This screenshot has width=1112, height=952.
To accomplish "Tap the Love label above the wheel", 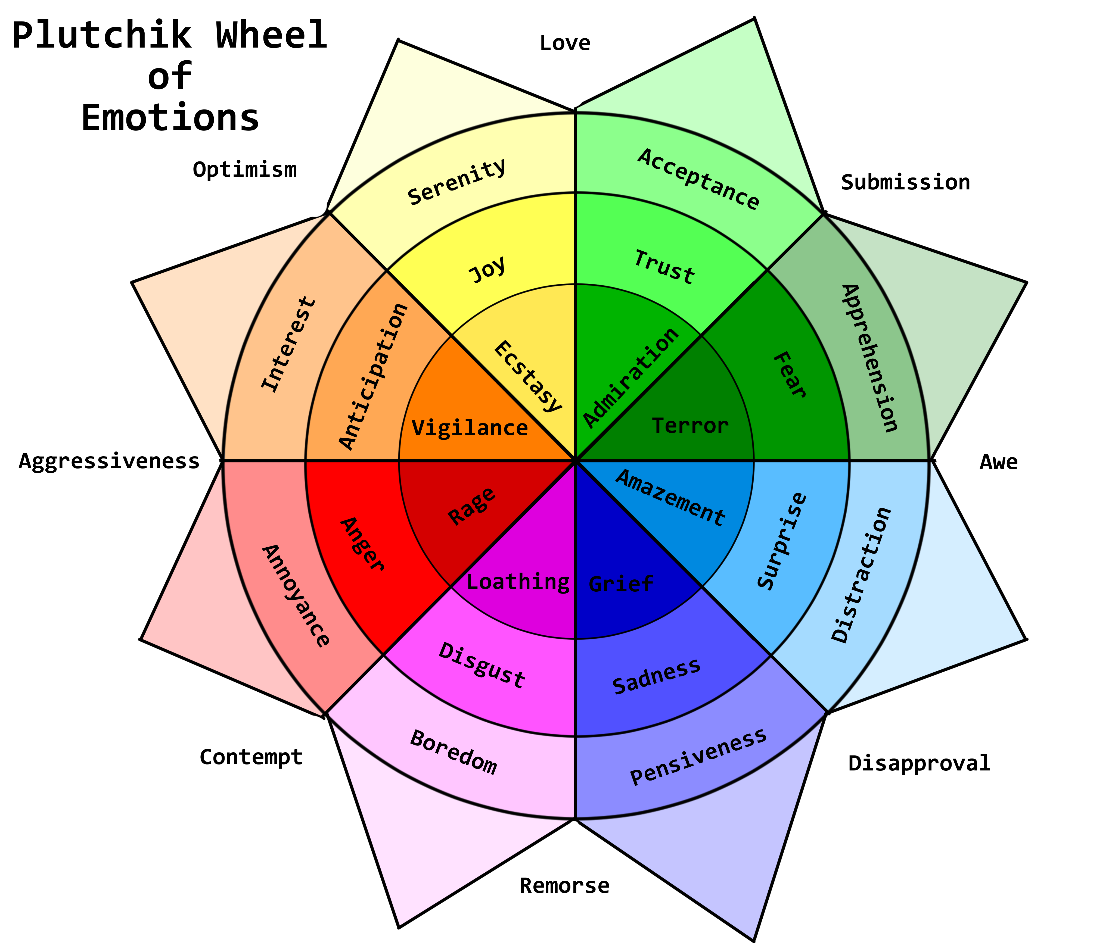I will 565,43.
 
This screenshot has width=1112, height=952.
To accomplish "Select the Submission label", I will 905,182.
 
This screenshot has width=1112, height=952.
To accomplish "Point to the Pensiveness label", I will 699,757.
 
